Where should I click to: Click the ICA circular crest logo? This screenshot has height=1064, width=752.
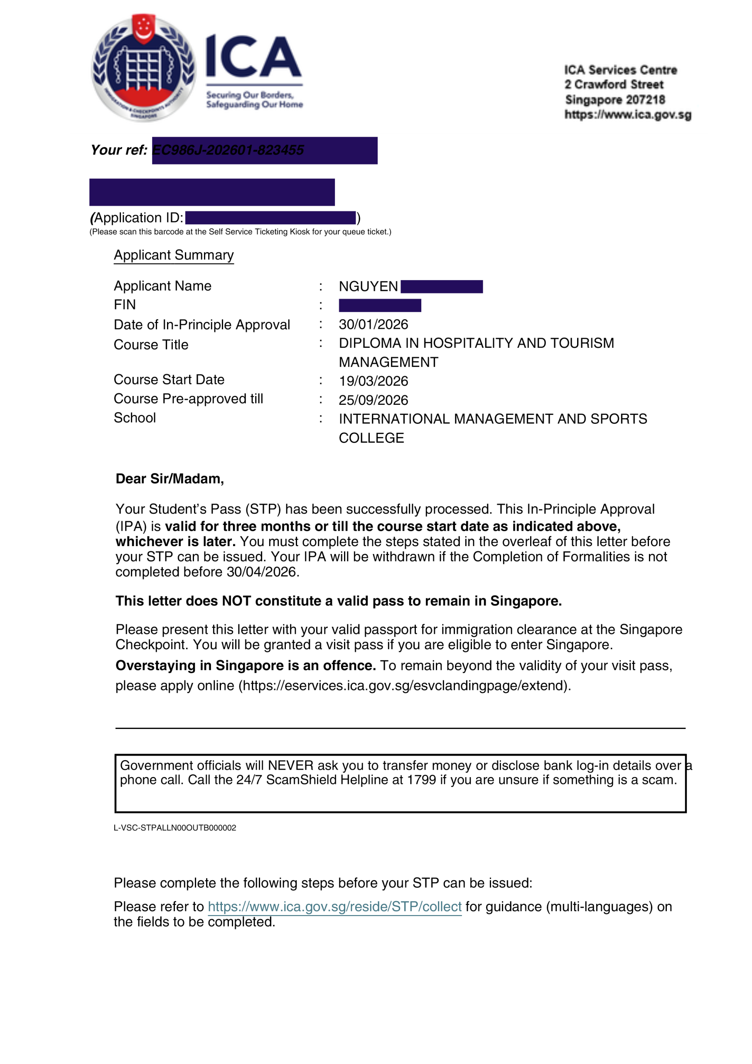point(143,68)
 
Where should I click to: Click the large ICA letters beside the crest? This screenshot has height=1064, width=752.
point(253,57)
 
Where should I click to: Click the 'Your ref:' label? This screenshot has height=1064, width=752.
point(118,150)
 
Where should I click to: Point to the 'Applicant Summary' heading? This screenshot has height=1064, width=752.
point(174,255)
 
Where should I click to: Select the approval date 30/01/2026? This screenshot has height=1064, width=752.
point(374,324)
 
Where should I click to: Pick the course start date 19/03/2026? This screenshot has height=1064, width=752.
point(374,381)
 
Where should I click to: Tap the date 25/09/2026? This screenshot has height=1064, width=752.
point(374,400)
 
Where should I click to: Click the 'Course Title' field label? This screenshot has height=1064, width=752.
point(151,345)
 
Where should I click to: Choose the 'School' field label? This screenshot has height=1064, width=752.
point(135,418)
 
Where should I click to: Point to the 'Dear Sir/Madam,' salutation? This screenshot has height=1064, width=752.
point(170,479)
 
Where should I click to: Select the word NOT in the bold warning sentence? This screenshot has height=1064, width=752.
point(236,601)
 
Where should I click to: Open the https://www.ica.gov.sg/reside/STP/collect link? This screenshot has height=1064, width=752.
point(334,906)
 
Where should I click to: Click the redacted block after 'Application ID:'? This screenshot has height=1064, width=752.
point(270,218)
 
